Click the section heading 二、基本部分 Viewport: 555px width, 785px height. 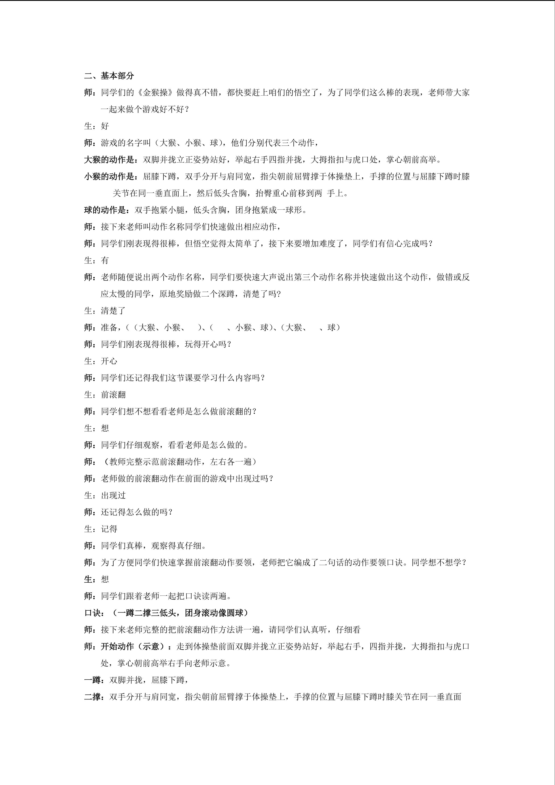[109, 76]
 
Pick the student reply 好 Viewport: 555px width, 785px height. [105, 126]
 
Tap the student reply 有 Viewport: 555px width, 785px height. [105, 260]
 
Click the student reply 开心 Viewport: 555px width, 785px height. [109, 361]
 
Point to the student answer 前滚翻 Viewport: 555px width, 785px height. [113, 394]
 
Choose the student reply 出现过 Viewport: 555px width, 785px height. [113, 495]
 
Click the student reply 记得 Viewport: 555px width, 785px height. [109, 529]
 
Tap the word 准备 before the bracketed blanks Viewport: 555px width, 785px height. [109, 328]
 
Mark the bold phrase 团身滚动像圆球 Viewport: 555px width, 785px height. [214, 613]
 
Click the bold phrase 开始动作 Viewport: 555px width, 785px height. [117, 647]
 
